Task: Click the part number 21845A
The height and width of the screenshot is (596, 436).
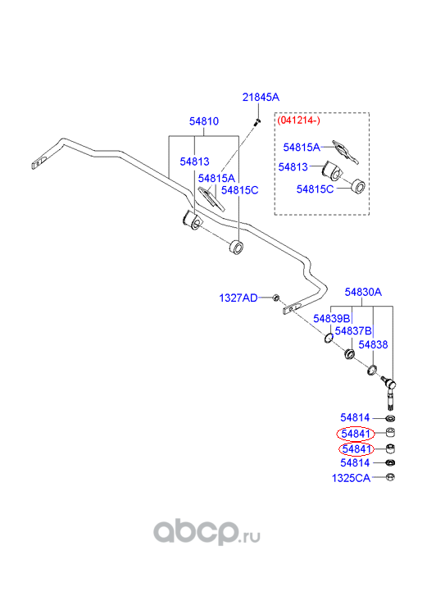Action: [261, 98]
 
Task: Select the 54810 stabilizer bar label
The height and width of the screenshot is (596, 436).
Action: [204, 121]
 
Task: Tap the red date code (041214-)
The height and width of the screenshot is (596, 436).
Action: [299, 121]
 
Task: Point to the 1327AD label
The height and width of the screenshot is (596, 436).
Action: [238, 298]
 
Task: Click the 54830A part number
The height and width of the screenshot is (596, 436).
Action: [363, 292]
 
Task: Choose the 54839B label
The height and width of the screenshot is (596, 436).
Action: [331, 319]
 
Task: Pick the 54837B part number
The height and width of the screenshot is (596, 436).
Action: [353, 331]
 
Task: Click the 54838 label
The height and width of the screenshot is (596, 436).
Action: [373, 345]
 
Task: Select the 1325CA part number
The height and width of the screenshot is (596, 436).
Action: [351, 478]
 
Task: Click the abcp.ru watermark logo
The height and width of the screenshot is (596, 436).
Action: [207, 532]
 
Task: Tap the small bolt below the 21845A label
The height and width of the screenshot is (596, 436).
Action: [257, 121]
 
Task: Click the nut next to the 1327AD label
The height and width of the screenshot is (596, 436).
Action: [276, 298]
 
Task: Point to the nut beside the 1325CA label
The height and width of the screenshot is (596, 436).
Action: [390, 477]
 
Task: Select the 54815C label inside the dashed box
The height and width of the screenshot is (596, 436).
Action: [315, 189]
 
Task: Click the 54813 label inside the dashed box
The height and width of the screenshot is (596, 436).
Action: [293, 167]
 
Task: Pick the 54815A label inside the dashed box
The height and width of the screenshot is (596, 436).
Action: [302, 148]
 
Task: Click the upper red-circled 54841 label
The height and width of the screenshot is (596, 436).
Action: [356, 434]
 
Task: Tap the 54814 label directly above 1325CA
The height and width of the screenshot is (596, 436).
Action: [355, 463]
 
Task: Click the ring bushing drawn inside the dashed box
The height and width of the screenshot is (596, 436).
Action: [357, 185]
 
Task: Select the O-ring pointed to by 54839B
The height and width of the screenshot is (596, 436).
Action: [329, 338]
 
